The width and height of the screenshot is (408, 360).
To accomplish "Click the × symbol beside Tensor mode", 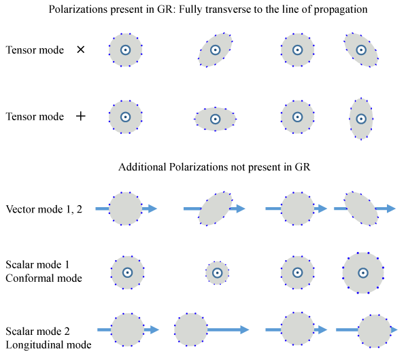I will coord(81,50).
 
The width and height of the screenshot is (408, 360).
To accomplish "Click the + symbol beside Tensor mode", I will coord(81,117).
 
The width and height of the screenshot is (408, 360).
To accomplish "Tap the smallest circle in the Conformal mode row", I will coord(217,273).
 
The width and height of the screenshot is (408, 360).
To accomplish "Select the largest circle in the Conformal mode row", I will coord(363,272).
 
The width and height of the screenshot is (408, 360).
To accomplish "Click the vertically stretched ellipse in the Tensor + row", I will coord(362,118).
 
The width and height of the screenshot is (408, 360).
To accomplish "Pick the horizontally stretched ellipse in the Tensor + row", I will coord(216,119).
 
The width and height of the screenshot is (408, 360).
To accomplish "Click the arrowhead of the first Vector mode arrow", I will coord(153,209).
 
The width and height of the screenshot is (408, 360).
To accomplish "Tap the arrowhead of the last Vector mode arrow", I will coord(391,209).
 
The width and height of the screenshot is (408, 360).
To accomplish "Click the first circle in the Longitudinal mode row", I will coord(127,329).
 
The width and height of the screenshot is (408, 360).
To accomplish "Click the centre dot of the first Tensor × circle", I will coord(126,50).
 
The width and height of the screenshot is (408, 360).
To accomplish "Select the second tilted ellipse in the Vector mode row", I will coord(360,209).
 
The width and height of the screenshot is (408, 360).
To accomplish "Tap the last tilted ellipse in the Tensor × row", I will coord(361,50).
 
